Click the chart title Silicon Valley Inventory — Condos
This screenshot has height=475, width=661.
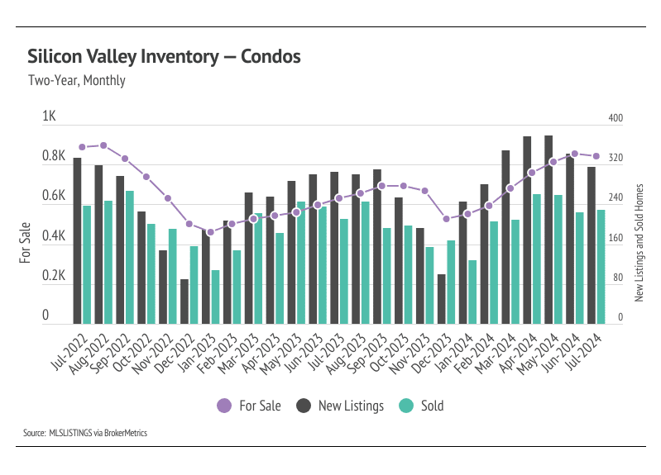164,57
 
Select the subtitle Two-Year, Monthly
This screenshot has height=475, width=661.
76,81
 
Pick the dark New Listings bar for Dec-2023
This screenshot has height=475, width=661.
442,299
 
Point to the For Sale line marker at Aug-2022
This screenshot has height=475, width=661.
103,145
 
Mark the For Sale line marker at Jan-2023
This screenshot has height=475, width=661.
210,232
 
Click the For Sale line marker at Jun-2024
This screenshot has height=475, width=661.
575,154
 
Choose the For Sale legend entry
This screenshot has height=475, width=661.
249,406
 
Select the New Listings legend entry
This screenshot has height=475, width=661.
341,406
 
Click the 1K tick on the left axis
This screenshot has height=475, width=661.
48,117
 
